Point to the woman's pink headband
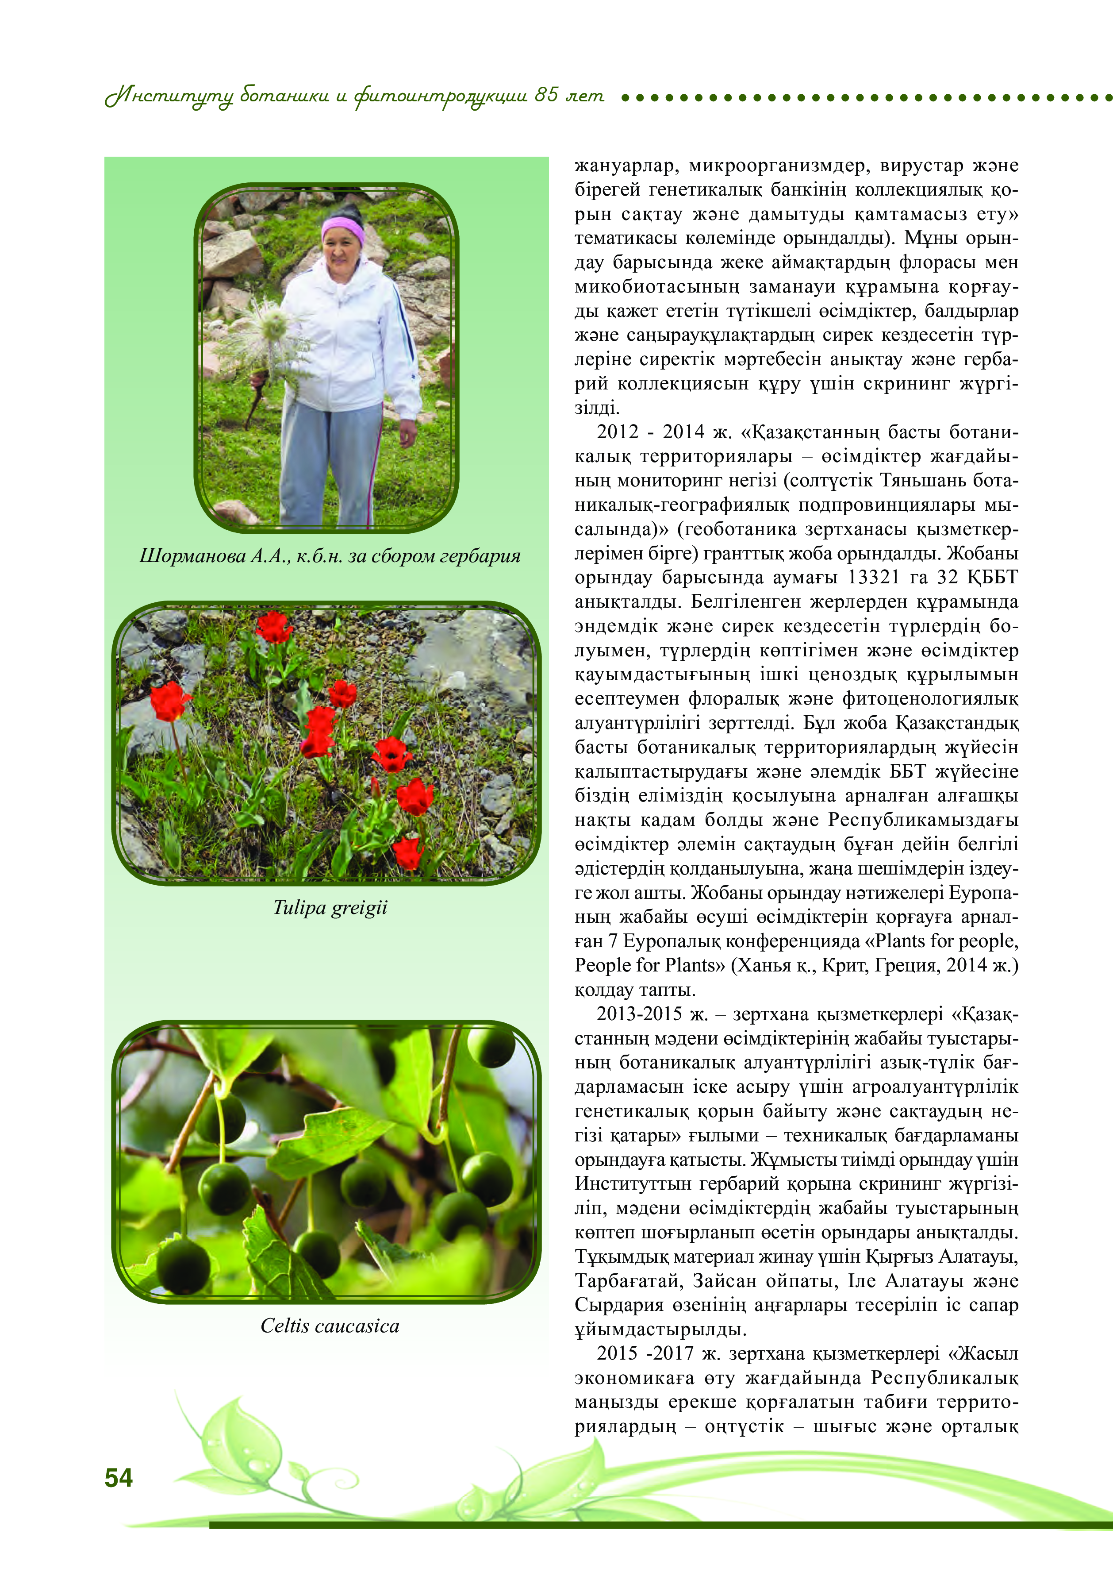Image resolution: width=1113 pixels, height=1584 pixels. point(343,227)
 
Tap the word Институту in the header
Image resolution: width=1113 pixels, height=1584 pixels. point(169,96)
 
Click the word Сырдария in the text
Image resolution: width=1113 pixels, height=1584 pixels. point(610,1305)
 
